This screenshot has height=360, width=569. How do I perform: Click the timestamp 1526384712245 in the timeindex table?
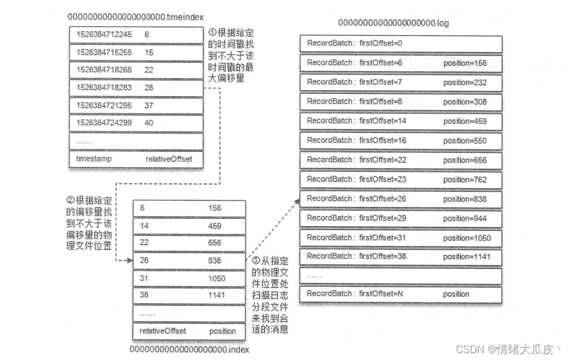104,35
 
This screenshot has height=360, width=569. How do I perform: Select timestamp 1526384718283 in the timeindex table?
104,88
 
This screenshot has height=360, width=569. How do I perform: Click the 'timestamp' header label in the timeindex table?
94,159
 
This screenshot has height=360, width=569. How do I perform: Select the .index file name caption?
189,349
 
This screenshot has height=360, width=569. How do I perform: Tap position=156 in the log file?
465,63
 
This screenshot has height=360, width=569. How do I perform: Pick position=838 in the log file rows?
465,198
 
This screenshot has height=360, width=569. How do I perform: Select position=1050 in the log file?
467,238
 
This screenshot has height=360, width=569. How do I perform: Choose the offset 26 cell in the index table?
144,260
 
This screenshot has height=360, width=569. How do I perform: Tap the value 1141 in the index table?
217,295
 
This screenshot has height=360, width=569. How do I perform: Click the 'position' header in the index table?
222,330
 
